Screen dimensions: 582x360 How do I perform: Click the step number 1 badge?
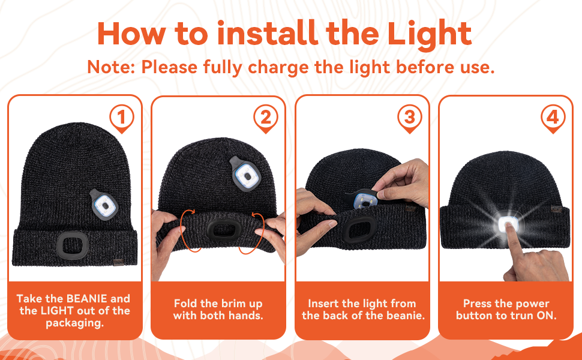121,118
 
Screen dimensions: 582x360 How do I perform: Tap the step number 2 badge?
265,118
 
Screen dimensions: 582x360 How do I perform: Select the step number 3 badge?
409,118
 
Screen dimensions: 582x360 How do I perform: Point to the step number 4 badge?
553,118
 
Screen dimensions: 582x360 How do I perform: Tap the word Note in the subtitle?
110,67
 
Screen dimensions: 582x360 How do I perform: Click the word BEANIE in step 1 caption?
86,299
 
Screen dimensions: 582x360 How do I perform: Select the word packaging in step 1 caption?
74,323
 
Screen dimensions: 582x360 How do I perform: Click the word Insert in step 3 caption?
323,304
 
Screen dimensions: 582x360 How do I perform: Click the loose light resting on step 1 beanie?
104,205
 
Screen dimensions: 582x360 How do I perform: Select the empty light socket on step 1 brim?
73,245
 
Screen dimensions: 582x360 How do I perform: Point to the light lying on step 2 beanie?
245,173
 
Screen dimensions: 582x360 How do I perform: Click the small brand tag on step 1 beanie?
119,262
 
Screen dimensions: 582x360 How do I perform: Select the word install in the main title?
266,34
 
